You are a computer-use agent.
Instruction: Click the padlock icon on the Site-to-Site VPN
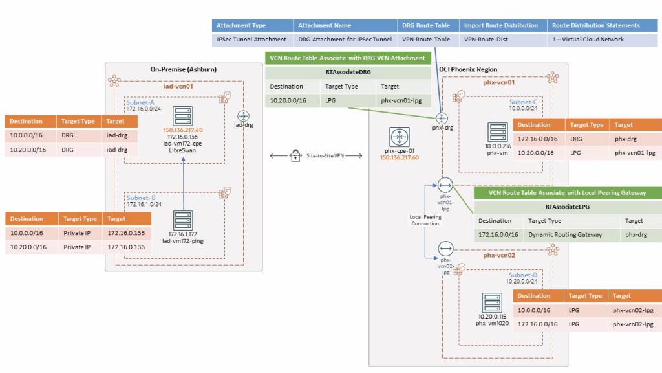(x=295, y=155)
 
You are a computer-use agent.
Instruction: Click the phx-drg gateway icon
(x=442, y=118)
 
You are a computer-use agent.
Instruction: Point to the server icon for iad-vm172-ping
(x=184, y=220)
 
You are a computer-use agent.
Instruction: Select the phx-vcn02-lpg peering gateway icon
(x=445, y=248)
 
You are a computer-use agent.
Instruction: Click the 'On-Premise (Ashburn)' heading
(x=183, y=69)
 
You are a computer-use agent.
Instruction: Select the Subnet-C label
(x=523, y=102)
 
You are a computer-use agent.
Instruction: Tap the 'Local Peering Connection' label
(x=425, y=220)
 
